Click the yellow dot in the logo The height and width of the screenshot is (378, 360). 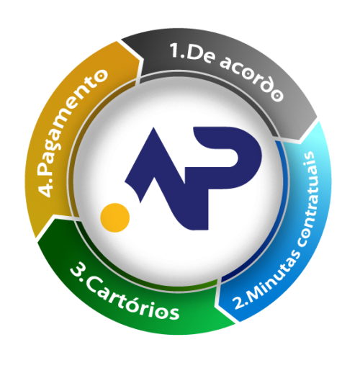(x=114, y=217)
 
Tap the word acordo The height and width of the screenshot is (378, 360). (x=251, y=78)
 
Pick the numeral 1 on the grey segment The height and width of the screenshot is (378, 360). (x=175, y=50)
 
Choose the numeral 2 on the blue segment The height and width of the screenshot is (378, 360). (x=238, y=303)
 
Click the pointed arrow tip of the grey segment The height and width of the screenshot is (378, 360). (x=300, y=139)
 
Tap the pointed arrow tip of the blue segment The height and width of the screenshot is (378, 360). (x=218, y=305)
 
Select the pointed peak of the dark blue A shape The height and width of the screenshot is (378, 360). (x=153, y=127)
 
